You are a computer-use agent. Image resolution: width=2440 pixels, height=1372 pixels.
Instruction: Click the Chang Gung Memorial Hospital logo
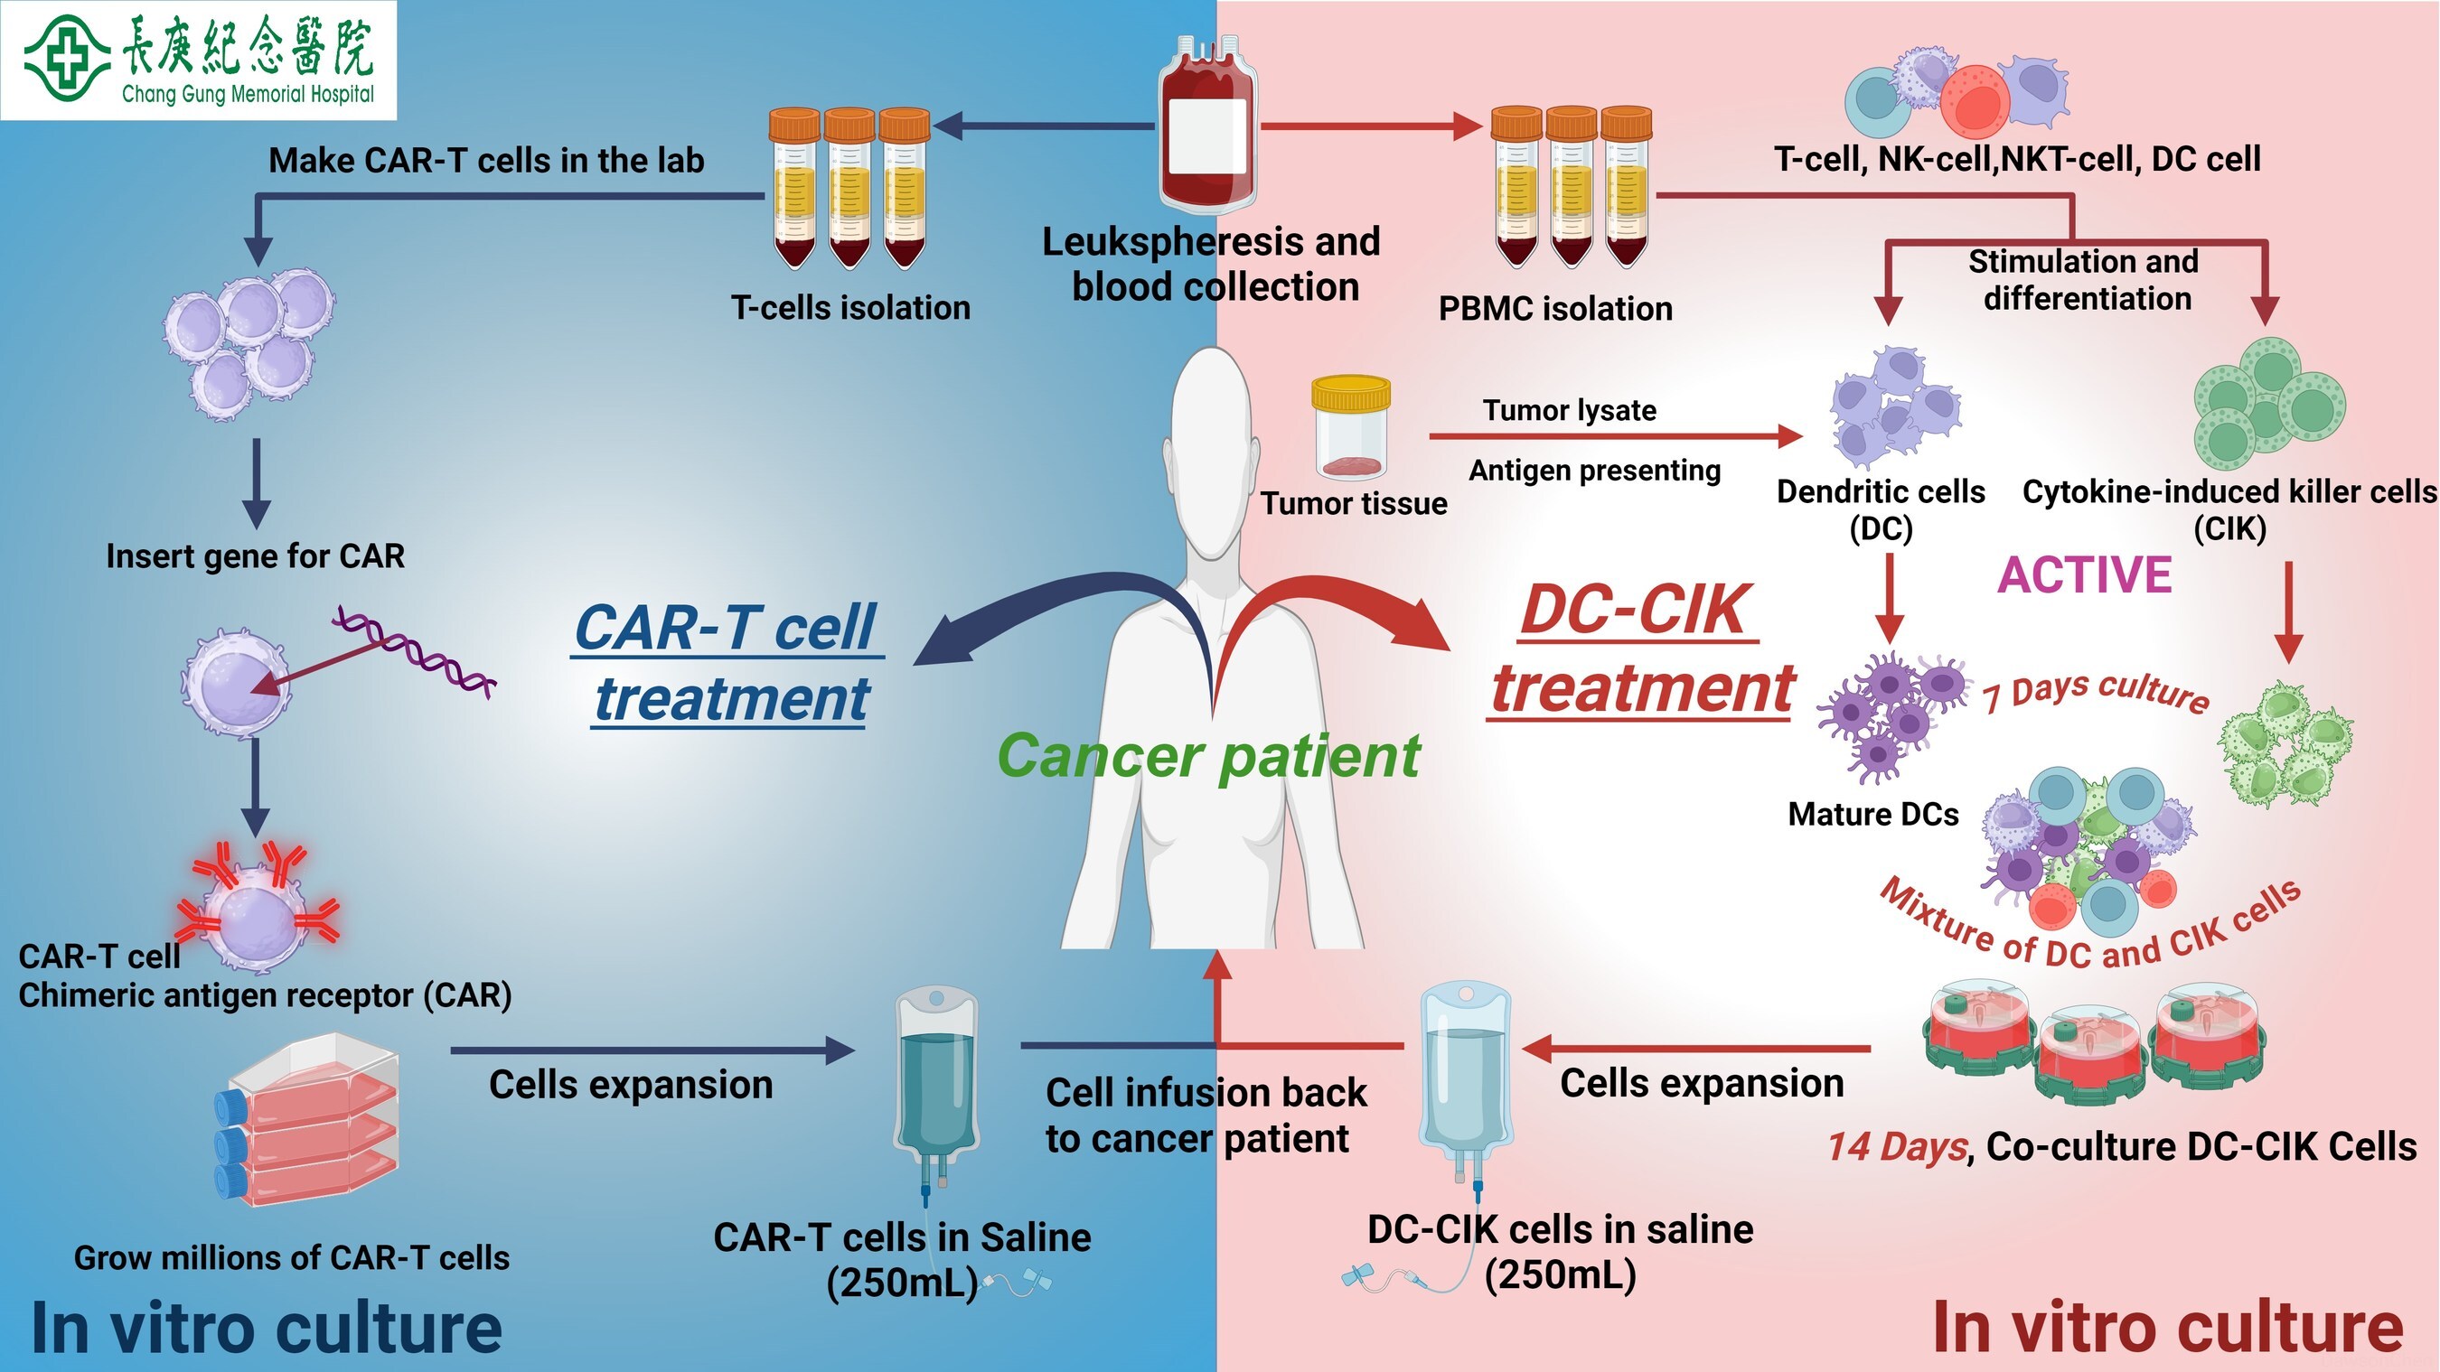198,60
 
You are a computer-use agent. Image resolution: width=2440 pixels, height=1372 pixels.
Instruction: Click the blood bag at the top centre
1206,123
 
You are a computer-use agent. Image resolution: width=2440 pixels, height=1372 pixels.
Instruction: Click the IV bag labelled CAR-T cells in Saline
936,1079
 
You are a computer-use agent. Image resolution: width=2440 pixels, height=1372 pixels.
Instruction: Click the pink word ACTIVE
2084,574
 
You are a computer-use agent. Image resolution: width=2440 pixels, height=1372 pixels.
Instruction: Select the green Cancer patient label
1208,756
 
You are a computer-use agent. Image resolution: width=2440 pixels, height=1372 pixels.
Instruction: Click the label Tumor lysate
1569,410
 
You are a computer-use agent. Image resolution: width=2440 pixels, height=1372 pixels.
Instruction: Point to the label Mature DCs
1872,815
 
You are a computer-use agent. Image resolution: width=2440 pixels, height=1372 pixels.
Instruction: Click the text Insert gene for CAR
255,555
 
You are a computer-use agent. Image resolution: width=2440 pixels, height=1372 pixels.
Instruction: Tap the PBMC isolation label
1555,309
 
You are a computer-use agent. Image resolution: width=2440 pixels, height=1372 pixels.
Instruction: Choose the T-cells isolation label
849,308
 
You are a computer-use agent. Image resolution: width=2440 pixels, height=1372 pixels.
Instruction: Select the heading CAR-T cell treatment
727,663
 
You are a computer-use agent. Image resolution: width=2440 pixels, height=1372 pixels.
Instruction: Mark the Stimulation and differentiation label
2084,279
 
